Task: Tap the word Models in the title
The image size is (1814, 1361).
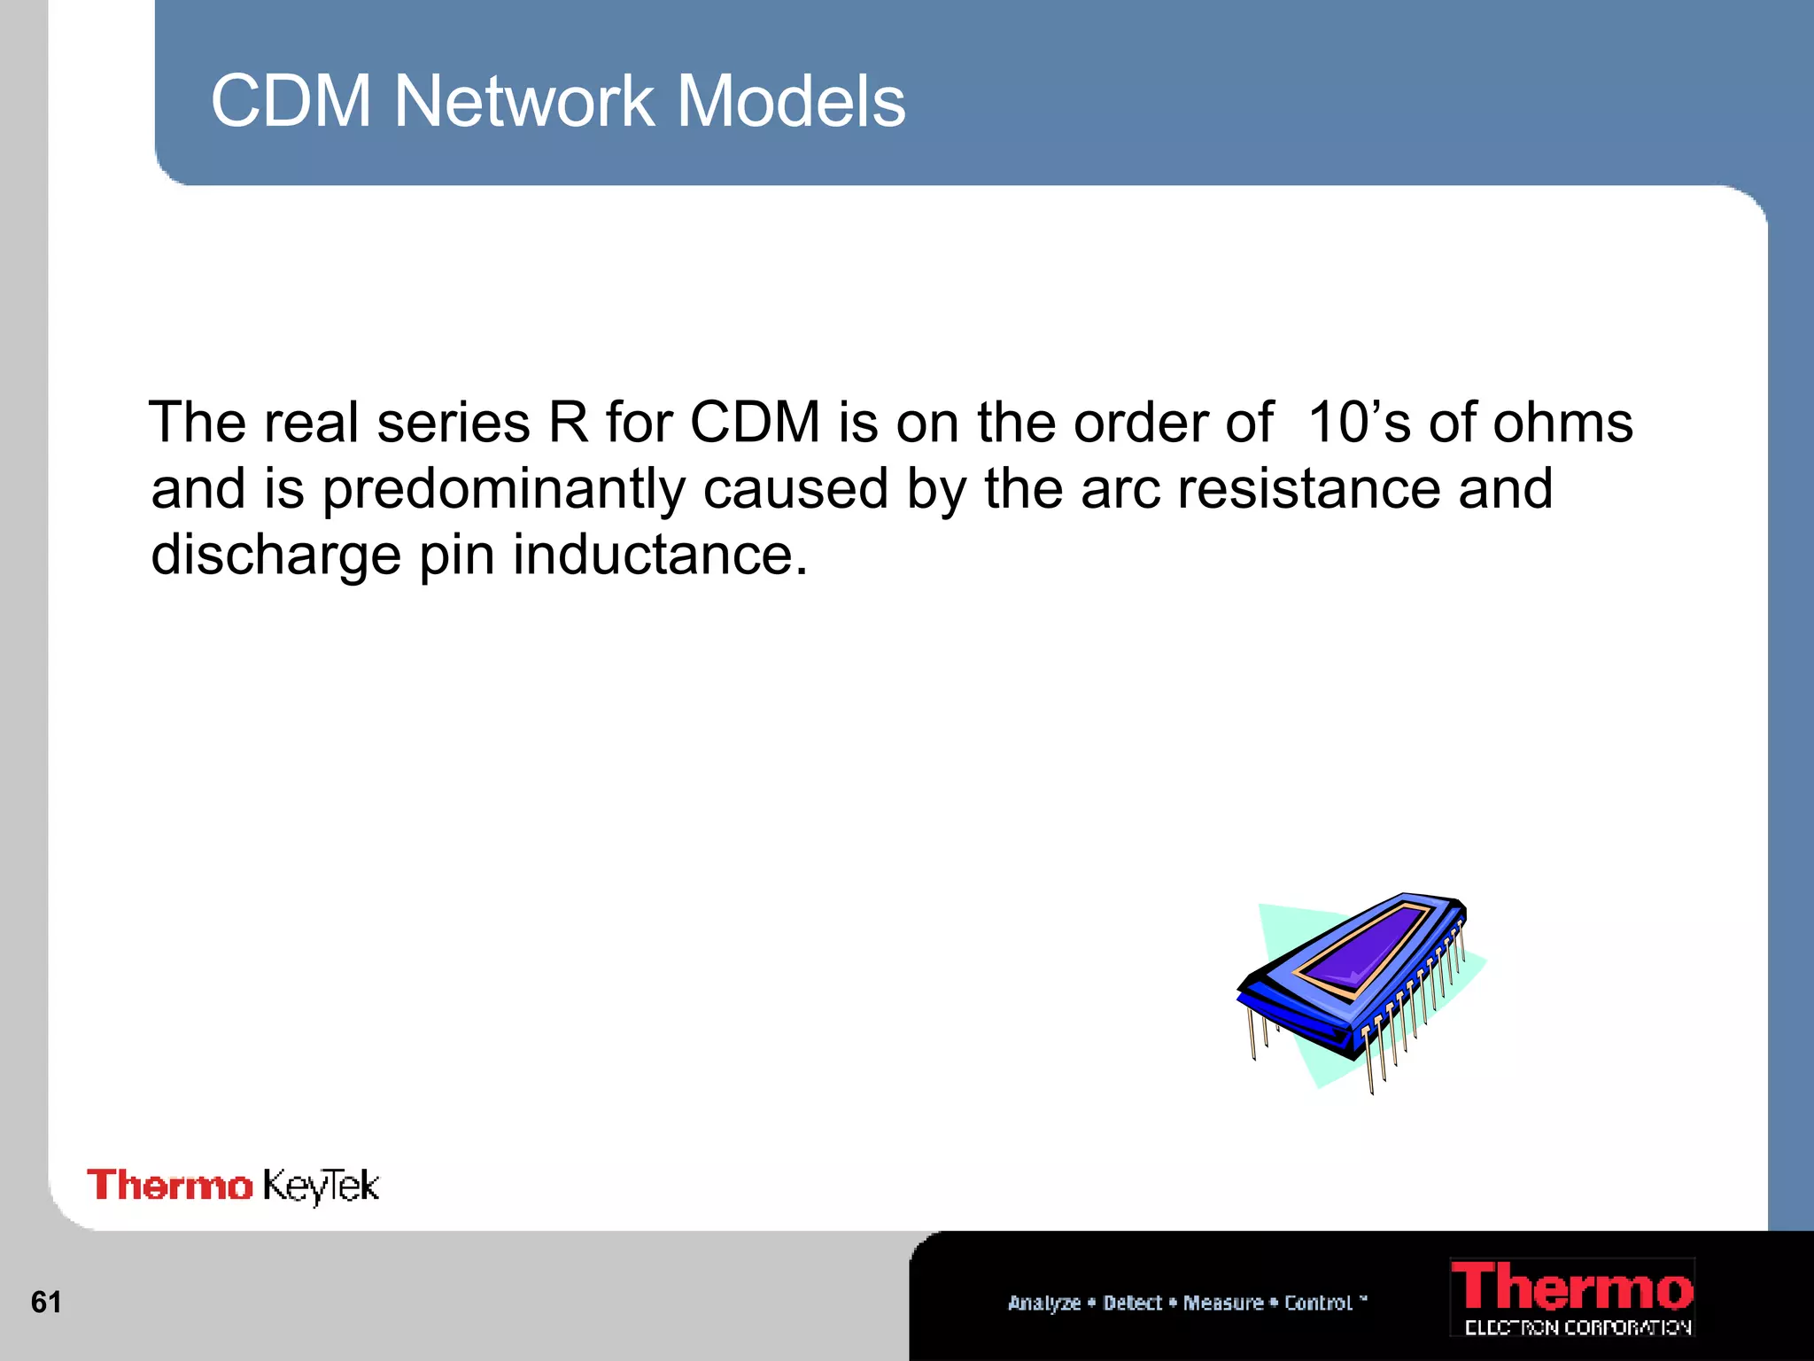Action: point(791,101)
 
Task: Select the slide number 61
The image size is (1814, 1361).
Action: point(46,1302)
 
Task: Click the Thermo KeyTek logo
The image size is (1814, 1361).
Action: point(233,1186)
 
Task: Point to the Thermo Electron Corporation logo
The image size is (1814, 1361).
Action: point(1572,1297)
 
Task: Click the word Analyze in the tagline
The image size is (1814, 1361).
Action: point(1044,1303)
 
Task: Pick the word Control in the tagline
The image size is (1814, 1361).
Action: point(1319,1303)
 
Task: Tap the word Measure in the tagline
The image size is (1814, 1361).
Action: point(1223,1303)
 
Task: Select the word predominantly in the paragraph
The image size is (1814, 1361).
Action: point(504,490)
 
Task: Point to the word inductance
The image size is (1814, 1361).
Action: point(660,556)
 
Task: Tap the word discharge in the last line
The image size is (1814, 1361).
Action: point(275,556)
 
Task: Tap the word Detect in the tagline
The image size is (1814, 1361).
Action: point(1132,1303)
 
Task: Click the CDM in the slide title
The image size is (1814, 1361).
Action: point(291,101)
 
